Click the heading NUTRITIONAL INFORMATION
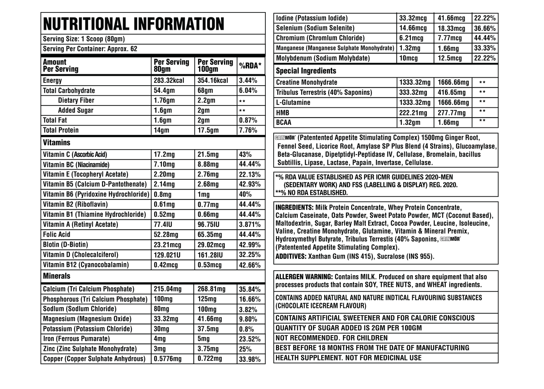pyautogui.click(x=134, y=24)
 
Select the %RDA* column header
pyautogui.click(x=250, y=66)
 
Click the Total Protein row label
pyautogui.click(x=61, y=130)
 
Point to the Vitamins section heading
pyautogui.click(x=56, y=143)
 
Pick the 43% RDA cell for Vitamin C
pyautogui.click(x=245, y=155)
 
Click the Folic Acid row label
pyautogui.click(x=56, y=234)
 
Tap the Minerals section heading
pyautogui.click(x=56, y=276)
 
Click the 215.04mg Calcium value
pyautogui.click(x=168, y=289)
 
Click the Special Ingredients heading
pyautogui.click(x=306, y=71)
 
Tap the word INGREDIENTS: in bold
pyautogui.click(x=294, y=208)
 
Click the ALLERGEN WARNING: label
pyautogui.click(x=304, y=277)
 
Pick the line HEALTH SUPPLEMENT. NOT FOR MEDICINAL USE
pyautogui.click(x=349, y=358)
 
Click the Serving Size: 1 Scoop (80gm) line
pyautogui.click(x=84, y=39)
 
